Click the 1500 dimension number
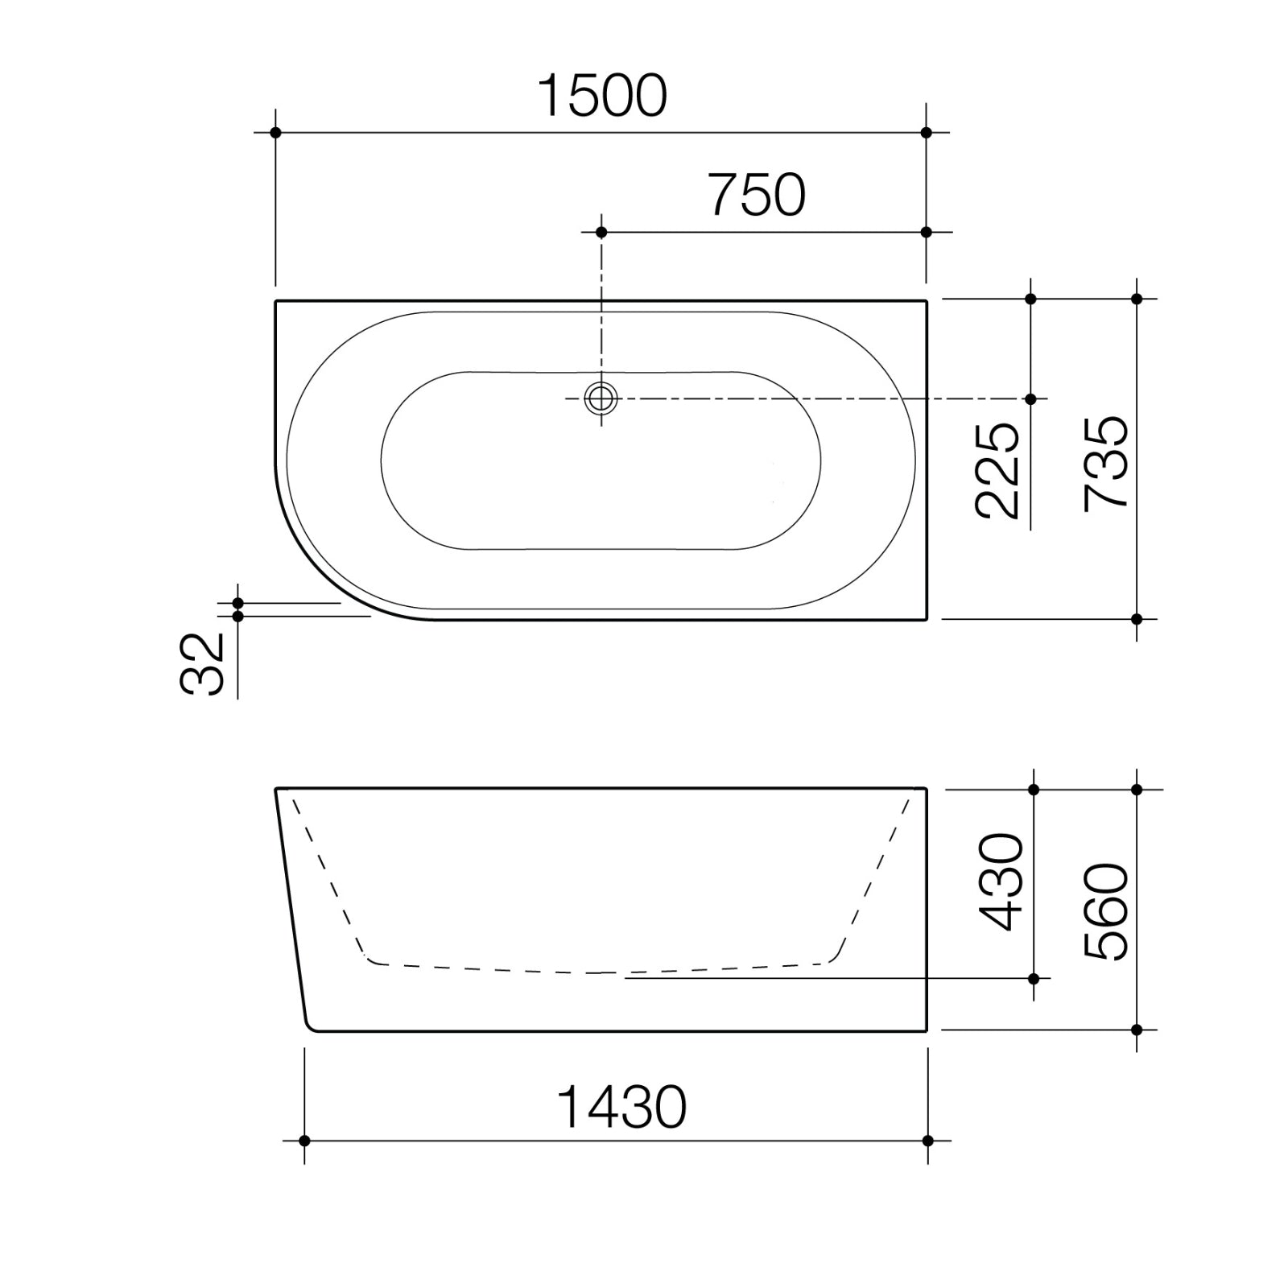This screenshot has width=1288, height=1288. pos(601,97)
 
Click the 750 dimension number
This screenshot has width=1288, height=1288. pos(757,196)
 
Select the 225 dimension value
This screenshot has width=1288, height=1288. pos(997,470)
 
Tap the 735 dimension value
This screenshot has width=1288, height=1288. pos(1105,463)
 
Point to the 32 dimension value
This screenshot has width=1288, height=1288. pos(201,665)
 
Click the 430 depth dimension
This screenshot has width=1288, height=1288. pos(1001,882)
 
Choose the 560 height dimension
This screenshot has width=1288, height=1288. pos(1106,912)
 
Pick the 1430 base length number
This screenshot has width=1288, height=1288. pos(621,1108)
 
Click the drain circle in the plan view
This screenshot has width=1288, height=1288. pos(601,398)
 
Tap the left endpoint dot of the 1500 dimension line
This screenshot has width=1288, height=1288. pos(275,132)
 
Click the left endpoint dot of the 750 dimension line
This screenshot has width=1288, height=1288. pos(601,232)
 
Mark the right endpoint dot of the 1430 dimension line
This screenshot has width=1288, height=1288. pos(927,1141)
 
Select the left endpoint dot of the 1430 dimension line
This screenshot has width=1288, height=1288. pos(304,1141)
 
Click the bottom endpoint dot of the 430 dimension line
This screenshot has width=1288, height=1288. pos(1034,979)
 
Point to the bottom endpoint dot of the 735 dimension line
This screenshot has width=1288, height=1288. pos(1137,619)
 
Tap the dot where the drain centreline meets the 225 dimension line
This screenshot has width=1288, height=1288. pos(1030,398)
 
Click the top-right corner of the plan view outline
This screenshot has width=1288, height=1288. pos(927,301)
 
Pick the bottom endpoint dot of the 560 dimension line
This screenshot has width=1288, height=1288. pos(1137,1030)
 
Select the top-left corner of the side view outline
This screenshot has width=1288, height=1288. pos(276,790)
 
